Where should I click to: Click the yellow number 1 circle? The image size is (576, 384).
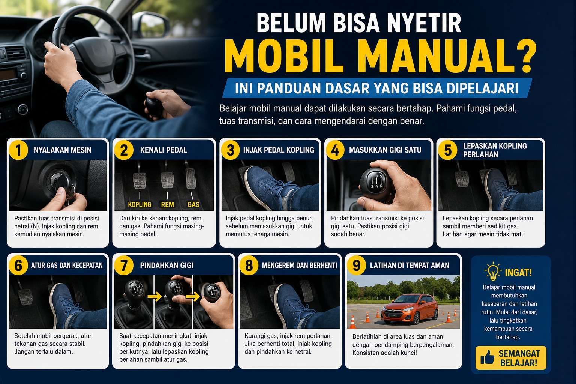pyautogui.click(x=18, y=150)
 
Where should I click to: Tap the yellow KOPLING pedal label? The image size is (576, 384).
pyautogui.click(x=139, y=204)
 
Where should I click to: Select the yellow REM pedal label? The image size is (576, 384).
pyautogui.click(x=167, y=204)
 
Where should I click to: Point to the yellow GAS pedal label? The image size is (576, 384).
pyautogui.click(x=193, y=204)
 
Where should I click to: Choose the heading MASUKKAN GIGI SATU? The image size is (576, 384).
pyautogui.click(x=385, y=150)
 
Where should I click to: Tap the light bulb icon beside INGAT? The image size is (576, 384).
pyautogui.click(x=492, y=271)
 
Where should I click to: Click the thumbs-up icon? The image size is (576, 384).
pyautogui.click(x=487, y=357)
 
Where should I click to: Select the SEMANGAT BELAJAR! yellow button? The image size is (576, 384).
pyautogui.click(x=511, y=358)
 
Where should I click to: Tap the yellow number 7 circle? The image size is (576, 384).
pyautogui.click(x=124, y=265)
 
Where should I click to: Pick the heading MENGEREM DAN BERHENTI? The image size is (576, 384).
pyautogui.click(x=299, y=265)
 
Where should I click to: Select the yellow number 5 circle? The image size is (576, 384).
pyautogui.click(x=448, y=150)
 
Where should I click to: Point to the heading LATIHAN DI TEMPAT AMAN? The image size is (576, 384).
pyautogui.click(x=409, y=265)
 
